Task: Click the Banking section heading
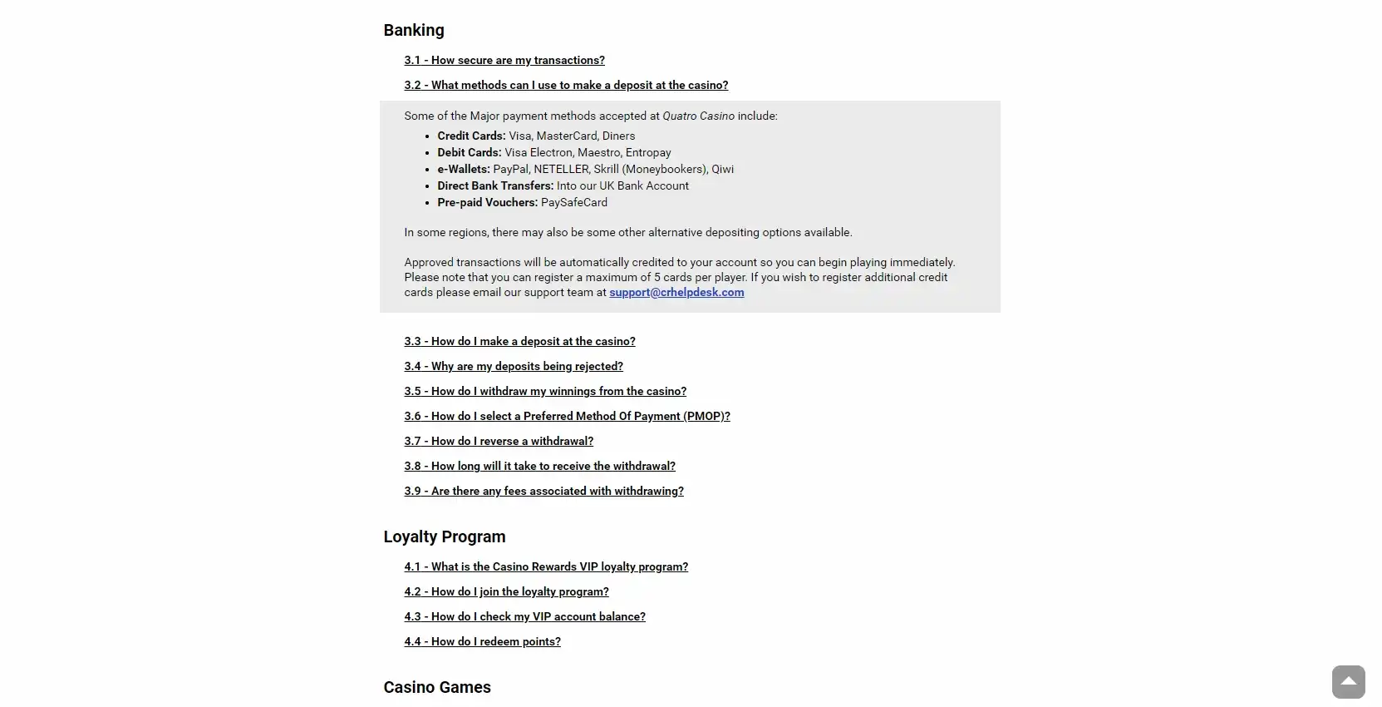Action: pyautogui.click(x=414, y=31)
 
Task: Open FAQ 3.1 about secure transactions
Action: pyautogui.click(x=504, y=61)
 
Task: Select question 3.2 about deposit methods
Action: pyautogui.click(x=566, y=86)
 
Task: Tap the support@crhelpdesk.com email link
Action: pyautogui.click(x=676, y=293)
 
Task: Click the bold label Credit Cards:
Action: pyautogui.click(x=471, y=136)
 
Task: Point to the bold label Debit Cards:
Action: pyautogui.click(x=470, y=153)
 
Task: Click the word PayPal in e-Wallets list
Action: pyautogui.click(x=510, y=170)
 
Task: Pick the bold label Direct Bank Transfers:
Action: pyautogui.click(x=495, y=186)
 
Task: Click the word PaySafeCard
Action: pyautogui.click(x=574, y=203)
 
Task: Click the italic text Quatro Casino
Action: pyautogui.click(x=698, y=116)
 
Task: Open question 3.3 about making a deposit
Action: pyautogui.click(x=519, y=342)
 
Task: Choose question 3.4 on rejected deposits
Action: pyautogui.click(x=514, y=367)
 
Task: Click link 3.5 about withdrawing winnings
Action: pyautogui.click(x=545, y=392)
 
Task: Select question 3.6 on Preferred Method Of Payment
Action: pyautogui.click(x=567, y=417)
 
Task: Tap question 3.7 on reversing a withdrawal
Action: pyautogui.click(x=499, y=442)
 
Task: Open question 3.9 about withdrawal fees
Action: pyautogui.click(x=543, y=492)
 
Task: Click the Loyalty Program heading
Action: pyautogui.click(x=445, y=537)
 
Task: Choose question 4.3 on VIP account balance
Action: pyautogui.click(x=524, y=617)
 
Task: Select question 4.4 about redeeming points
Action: pyautogui.click(x=482, y=642)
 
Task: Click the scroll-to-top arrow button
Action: pyautogui.click(x=1348, y=682)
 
